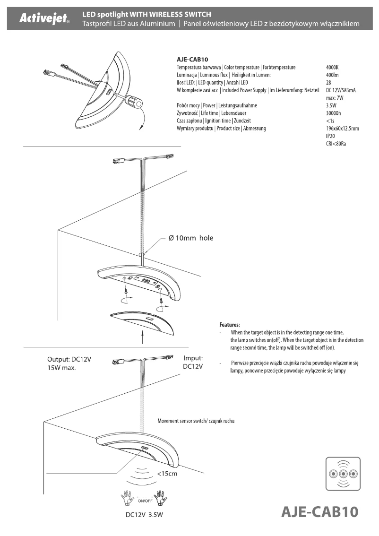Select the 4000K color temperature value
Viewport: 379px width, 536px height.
click(x=333, y=68)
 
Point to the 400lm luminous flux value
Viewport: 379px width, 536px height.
click(x=333, y=75)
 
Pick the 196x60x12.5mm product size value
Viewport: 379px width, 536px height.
click(x=343, y=129)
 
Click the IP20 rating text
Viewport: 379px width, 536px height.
click(x=331, y=136)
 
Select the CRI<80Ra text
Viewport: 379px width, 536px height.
click(x=336, y=144)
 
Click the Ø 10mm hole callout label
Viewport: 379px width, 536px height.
click(x=191, y=238)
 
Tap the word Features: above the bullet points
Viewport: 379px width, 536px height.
click(x=230, y=325)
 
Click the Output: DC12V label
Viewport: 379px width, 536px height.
click(x=69, y=359)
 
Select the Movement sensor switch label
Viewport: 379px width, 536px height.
click(x=196, y=421)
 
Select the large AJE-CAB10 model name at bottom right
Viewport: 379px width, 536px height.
click(x=320, y=512)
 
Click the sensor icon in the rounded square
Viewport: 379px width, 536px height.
click(x=344, y=474)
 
